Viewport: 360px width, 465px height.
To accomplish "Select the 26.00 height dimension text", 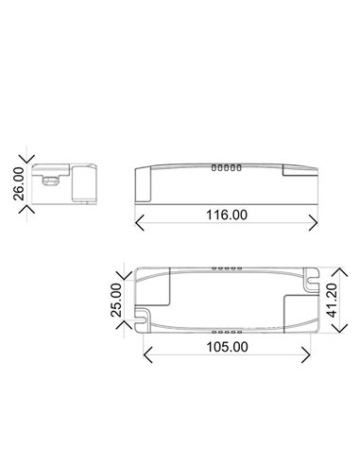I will pos(17,182).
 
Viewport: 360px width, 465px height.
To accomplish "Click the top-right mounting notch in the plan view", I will pos(309,281).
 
